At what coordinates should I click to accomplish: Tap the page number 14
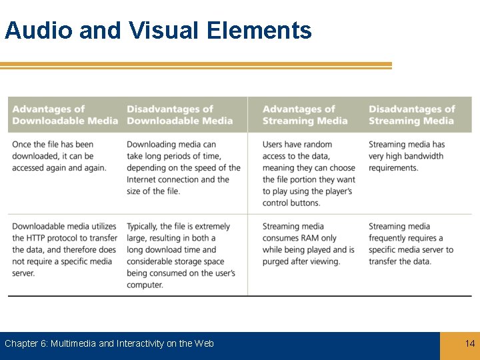(x=470, y=343)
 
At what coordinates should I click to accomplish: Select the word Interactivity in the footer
(x=141, y=343)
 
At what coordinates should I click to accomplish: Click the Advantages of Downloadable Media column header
(x=65, y=115)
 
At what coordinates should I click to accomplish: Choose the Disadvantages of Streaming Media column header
(x=411, y=115)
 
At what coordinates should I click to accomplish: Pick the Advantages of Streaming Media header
(x=305, y=115)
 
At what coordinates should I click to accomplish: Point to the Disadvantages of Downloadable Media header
(x=179, y=115)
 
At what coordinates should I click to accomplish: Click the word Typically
(x=145, y=227)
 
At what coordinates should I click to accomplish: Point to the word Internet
(x=141, y=179)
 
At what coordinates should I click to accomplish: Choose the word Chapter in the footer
(x=21, y=343)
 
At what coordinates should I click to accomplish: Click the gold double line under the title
(x=196, y=65)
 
